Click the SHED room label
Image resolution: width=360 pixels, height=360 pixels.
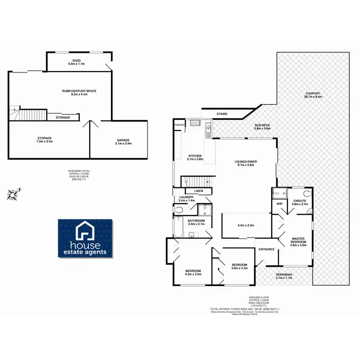76,60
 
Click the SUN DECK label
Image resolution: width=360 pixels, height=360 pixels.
262,126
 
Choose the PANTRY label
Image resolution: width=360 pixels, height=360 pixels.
180,125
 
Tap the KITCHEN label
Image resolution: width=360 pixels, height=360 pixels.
195,156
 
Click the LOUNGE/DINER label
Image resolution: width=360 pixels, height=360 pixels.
247,162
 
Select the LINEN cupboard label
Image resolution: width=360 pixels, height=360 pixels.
199,191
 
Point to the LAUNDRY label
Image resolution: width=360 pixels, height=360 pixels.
186,197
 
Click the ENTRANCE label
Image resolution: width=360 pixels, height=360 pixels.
266,249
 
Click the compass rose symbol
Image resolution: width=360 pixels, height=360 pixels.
13,194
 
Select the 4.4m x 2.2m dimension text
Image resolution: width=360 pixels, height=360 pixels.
246,225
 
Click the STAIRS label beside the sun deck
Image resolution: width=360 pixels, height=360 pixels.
222,114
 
